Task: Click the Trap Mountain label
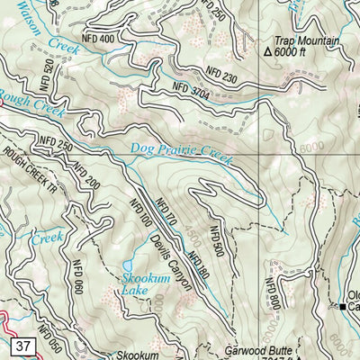pos(308,41)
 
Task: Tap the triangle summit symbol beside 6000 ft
pos(267,53)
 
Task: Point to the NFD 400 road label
pos(97,40)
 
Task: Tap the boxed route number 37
pos(24,346)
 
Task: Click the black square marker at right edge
pos(343,307)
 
